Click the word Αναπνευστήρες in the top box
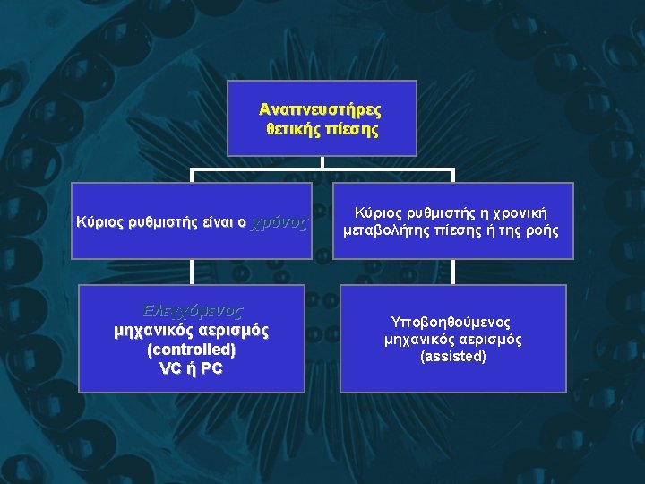[x=321, y=109]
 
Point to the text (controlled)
[x=191, y=350]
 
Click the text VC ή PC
[x=191, y=368]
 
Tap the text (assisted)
[x=452, y=357]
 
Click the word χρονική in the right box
[x=514, y=213]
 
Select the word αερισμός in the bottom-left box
[x=228, y=331]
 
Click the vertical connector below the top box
[x=322, y=162]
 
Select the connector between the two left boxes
[x=192, y=272]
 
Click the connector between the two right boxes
[x=453, y=272]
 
